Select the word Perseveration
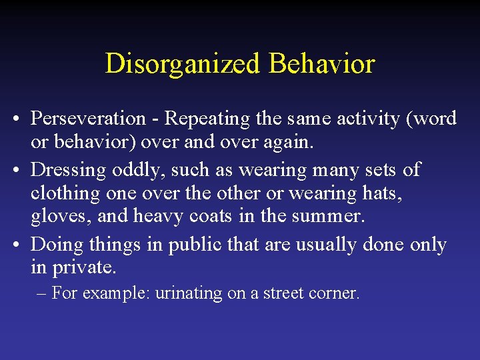point(89,119)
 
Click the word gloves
point(57,217)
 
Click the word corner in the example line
point(337,293)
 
